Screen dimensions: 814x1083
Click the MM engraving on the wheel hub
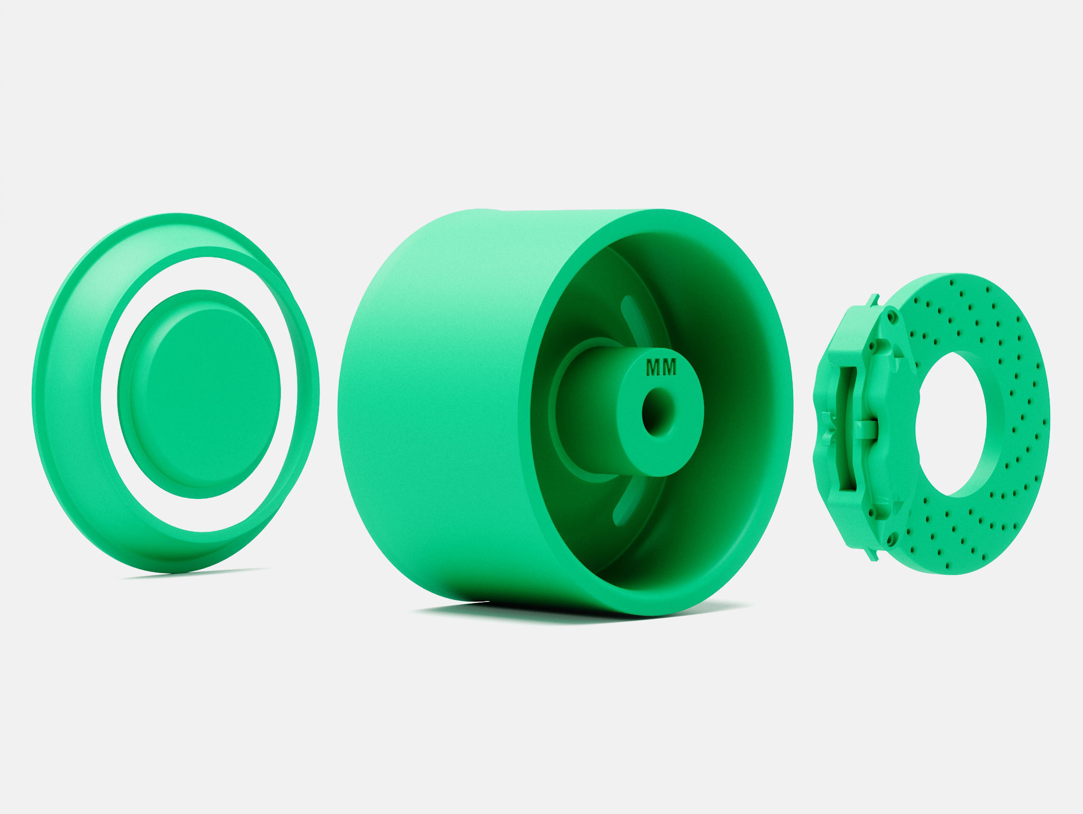(x=662, y=368)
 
